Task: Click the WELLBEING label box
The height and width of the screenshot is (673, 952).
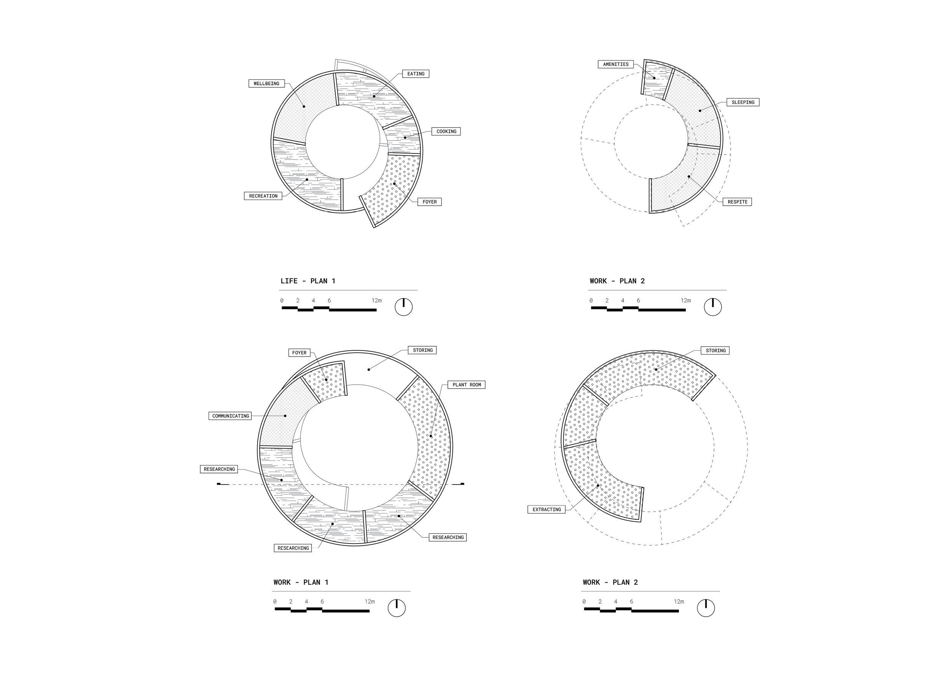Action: [x=267, y=83]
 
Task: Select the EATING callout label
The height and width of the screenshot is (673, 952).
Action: [x=415, y=74]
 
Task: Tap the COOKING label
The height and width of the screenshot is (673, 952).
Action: [x=446, y=131]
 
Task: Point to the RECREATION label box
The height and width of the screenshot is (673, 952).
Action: [x=263, y=196]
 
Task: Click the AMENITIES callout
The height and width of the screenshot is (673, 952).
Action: [x=616, y=64]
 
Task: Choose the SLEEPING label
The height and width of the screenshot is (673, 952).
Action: [x=743, y=102]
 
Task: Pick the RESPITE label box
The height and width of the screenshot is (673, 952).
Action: [x=738, y=202]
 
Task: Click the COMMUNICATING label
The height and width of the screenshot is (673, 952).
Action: [x=230, y=416]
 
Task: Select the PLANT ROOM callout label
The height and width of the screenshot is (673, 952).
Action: [x=467, y=385]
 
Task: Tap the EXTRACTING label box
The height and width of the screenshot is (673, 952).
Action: [x=547, y=510]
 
